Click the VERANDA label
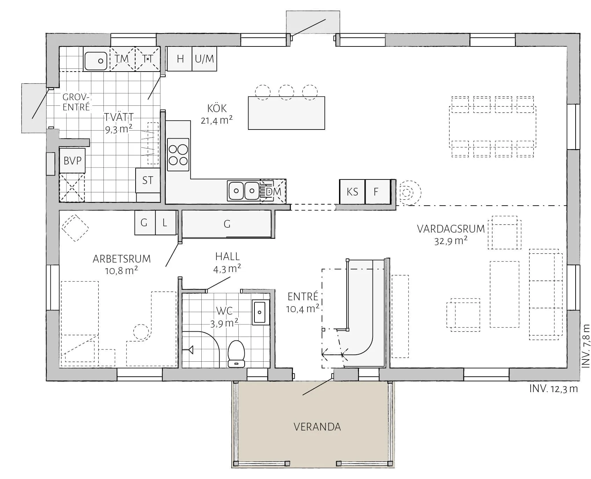pos(317,427)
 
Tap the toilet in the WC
pos(236,354)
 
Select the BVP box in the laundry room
pos(72,161)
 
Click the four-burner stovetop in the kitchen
pos(178,155)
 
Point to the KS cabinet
pos(352,192)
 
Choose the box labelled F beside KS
pos(378,192)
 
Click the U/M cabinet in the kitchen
pos(204,59)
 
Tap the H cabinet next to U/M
pos(180,59)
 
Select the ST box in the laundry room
pos(148,180)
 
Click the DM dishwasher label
pos(273,192)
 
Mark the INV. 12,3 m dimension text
pos(553,389)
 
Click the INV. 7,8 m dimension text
pos(586,346)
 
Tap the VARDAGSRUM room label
pos(451,229)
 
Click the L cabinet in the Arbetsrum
pos(165,222)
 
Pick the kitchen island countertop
pos(287,113)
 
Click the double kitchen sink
pos(244,191)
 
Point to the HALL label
pos(228,257)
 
